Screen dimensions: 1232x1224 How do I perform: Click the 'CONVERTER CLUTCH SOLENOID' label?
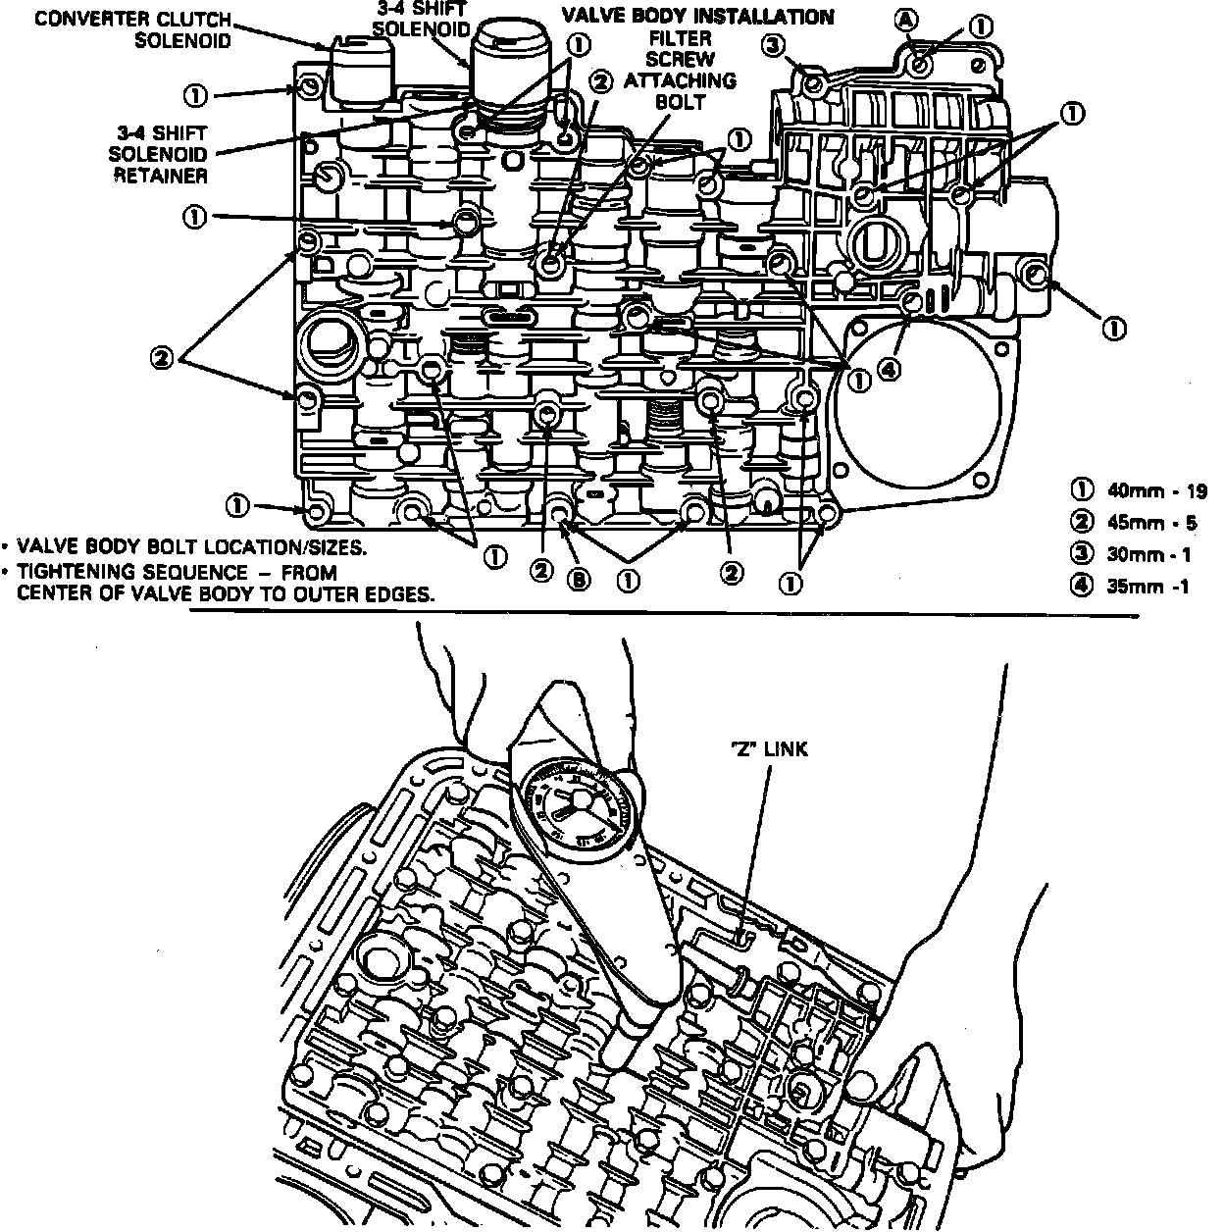134,29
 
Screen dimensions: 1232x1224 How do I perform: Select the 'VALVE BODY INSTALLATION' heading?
697,17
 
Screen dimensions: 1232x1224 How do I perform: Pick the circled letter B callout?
581,579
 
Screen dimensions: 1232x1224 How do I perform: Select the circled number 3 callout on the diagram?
774,45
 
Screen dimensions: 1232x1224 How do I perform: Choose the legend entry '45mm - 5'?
1139,523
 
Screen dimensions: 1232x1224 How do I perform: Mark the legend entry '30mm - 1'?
1139,554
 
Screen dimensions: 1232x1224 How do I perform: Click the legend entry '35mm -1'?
1139,588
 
